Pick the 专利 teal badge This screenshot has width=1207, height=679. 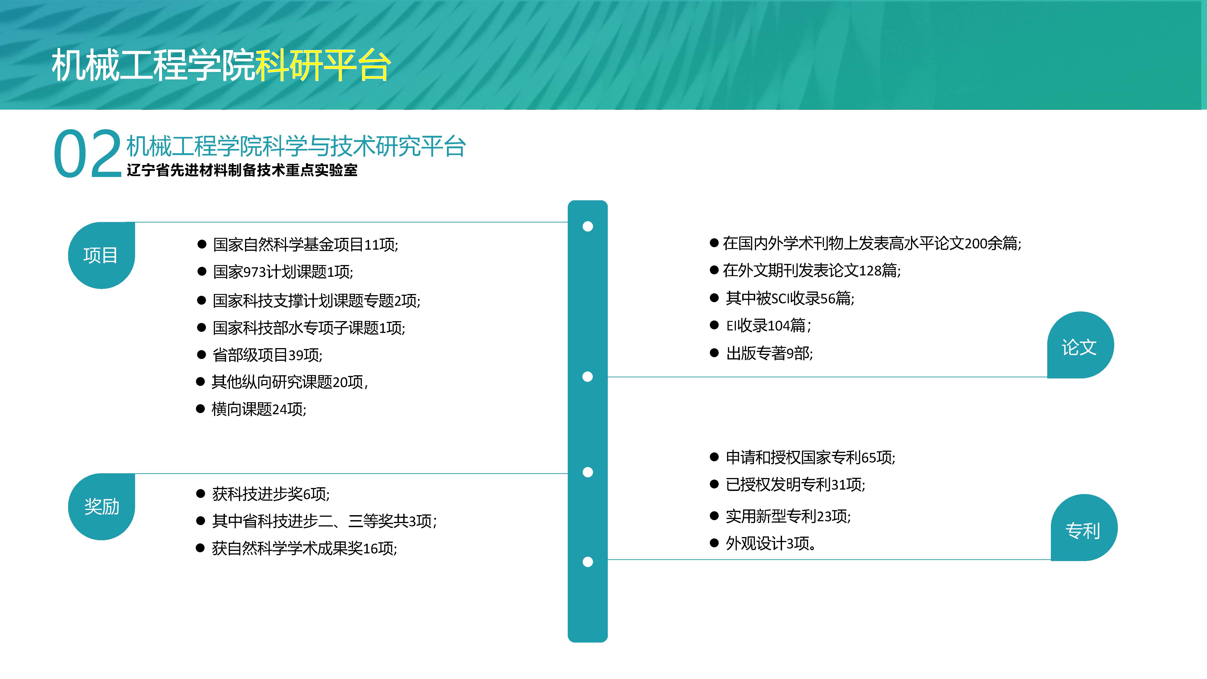click(1084, 528)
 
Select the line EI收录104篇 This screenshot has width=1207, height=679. click(768, 325)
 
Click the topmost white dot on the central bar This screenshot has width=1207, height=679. click(588, 226)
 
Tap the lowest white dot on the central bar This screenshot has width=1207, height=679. click(588, 562)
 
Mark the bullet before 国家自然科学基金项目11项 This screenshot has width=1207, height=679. click(202, 244)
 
